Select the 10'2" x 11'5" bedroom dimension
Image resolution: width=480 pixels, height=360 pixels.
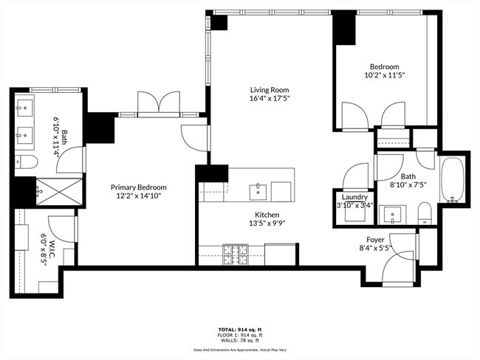pos(385,75)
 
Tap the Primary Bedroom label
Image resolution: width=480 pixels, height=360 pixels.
pos(139,187)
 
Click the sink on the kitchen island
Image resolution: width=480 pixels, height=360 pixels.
pos(258,191)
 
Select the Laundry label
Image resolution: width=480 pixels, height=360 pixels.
pos(354,197)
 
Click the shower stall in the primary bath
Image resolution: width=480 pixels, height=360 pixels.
pos(56,190)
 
